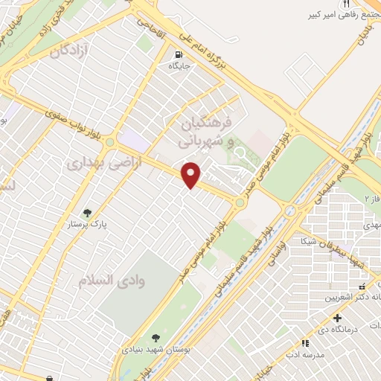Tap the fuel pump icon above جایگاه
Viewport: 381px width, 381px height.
pyautogui.click(x=179, y=54)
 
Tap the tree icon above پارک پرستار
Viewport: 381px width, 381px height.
pyautogui.click(x=89, y=212)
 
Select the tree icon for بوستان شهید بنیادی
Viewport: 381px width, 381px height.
pyautogui.click(x=155, y=337)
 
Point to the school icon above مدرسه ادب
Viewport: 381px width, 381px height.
pyautogui.click(x=304, y=343)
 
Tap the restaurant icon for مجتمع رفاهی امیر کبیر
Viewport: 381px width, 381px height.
pyautogui.click(x=345, y=4)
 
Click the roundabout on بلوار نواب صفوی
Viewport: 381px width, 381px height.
pyautogui.click(x=110, y=141)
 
